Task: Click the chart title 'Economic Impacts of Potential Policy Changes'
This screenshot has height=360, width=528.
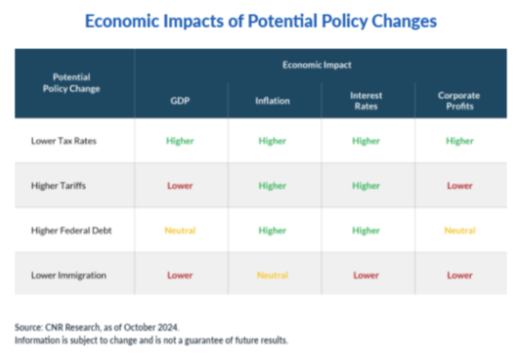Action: [264, 20]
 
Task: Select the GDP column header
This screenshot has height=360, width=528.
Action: [180, 100]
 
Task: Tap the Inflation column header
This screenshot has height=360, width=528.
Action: [272, 100]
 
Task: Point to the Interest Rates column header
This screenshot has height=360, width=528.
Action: [365, 99]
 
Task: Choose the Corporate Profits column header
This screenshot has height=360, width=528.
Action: [460, 99]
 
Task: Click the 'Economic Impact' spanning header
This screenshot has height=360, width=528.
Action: [319, 65]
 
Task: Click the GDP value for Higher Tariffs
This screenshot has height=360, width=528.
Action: [180, 186]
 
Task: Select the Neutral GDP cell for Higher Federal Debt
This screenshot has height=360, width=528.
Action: [180, 230]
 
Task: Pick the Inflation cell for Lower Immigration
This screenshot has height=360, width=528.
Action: [272, 275]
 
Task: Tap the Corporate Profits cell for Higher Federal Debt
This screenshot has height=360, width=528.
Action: [460, 230]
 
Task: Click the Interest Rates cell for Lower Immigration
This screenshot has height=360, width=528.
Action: [365, 275]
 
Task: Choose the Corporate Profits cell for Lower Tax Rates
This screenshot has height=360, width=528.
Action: [460, 140]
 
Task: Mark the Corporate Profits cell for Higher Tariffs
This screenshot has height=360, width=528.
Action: [460, 186]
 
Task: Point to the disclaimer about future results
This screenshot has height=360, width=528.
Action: [151, 340]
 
